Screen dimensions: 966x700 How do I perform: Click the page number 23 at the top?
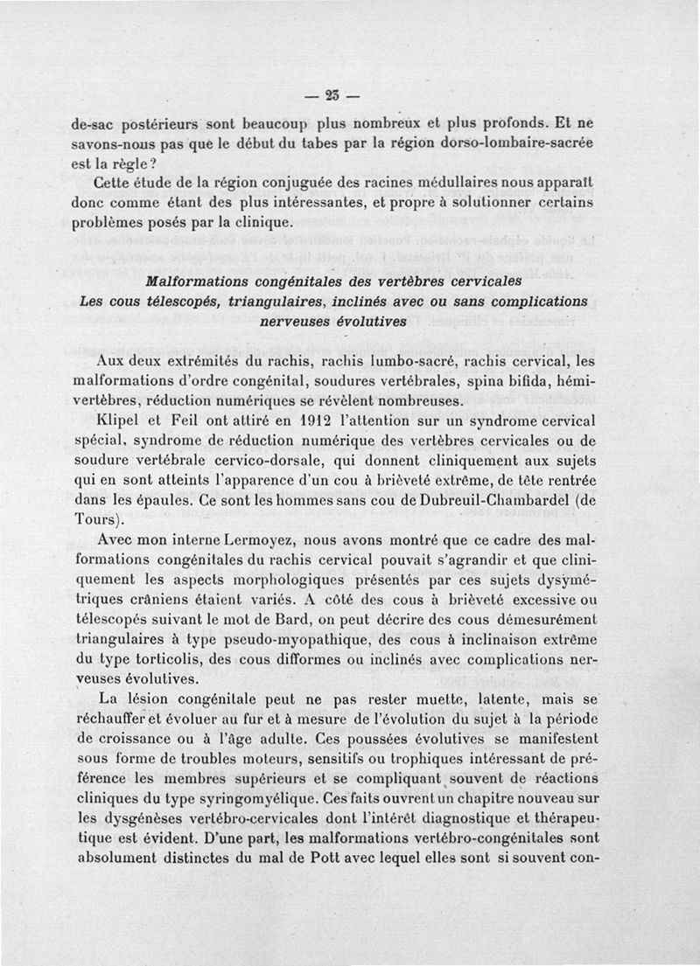[x=333, y=94]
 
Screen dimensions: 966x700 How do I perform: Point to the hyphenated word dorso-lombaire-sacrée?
[x=511, y=143]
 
